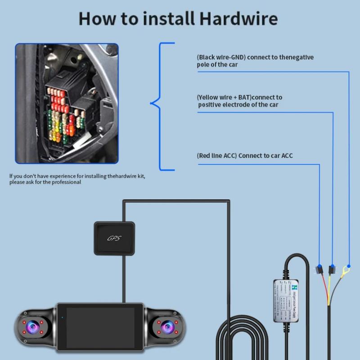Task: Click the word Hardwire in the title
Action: pyautogui.click(x=238, y=19)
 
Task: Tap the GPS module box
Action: pyautogui.click(x=115, y=238)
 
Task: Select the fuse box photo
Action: pyautogui.click(x=67, y=103)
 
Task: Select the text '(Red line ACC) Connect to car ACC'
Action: pyautogui.click(x=245, y=156)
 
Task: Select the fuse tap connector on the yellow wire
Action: pyautogui.click(x=332, y=270)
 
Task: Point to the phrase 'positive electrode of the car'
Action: pyautogui.click(x=239, y=105)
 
